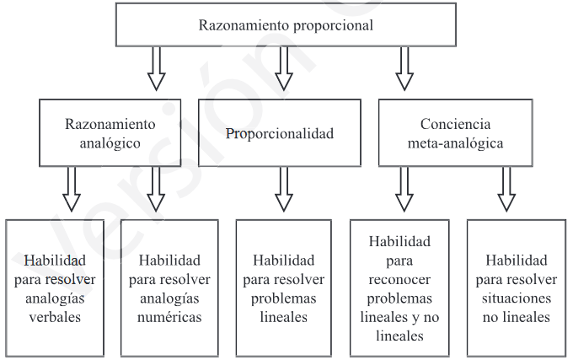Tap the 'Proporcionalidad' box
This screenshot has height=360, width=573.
click(x=280, y=133)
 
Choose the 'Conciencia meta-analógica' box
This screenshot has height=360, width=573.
click(x=455, y=133)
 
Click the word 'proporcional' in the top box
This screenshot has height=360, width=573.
click(x=334, y=25)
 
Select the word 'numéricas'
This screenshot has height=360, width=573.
click(x=170, y=319)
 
